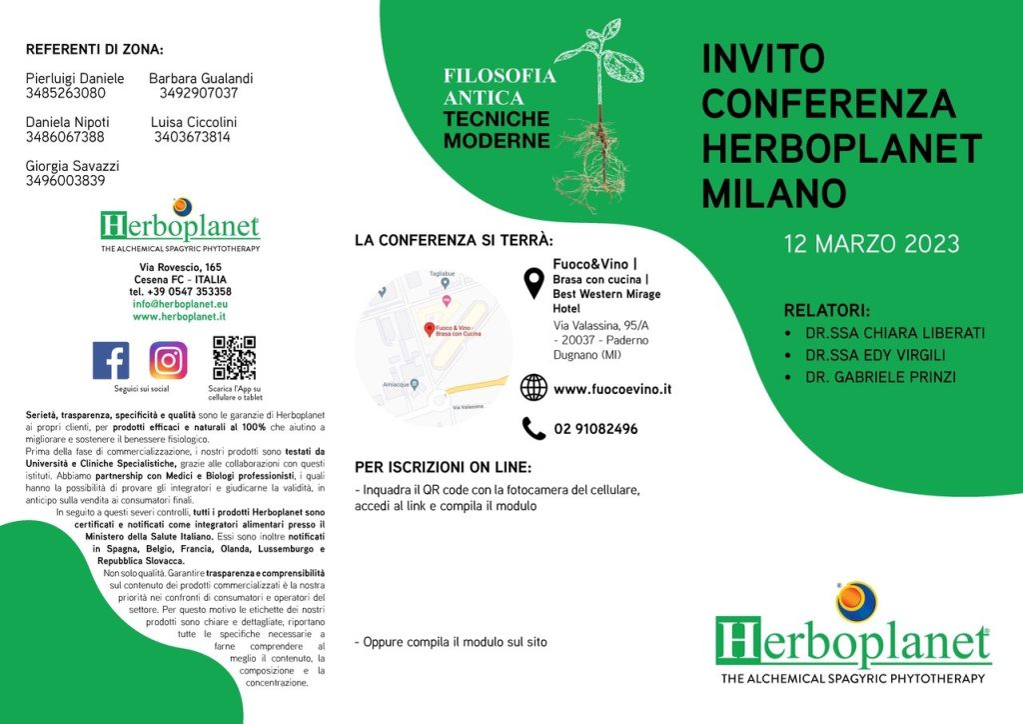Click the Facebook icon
[110, 360]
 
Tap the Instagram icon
[169, 360]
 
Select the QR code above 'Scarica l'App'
[234, 358]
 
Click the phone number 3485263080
[66, 93]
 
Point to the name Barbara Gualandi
[201, 78]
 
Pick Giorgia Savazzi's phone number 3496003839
[66, 181]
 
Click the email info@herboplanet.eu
[181, 303]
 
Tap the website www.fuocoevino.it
[611, 388]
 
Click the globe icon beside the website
[533, 388]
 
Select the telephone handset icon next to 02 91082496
[533, 429]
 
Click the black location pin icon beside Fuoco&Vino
[533, 282]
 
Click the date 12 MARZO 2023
[871, 244]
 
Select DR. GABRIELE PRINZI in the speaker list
[877, 378]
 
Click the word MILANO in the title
[774, 191]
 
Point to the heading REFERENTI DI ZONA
[94, 49]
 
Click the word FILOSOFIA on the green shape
[500, 76]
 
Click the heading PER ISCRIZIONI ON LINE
[443, 467]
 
